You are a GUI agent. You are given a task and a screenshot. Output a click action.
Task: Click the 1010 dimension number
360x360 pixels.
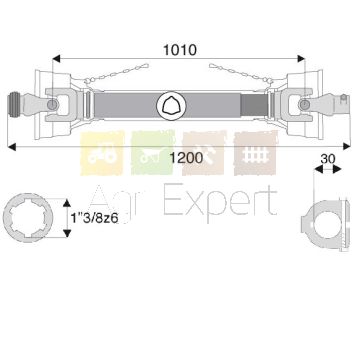[180, 50]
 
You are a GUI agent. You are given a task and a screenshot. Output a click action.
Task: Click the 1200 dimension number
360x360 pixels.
[186, 158]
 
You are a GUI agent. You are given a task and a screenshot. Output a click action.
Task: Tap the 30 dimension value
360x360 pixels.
[328, 159]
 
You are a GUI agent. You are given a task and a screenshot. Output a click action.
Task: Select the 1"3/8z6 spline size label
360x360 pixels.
[95, 218]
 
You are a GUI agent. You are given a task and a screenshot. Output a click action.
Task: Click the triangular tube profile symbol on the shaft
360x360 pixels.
[171, 105]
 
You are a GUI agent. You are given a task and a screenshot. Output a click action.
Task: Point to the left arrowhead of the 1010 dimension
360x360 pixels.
[56, 59]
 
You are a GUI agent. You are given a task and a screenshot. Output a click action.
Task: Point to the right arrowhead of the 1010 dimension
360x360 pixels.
[301, 59]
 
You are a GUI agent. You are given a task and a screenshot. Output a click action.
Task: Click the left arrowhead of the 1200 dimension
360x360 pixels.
[11, 146]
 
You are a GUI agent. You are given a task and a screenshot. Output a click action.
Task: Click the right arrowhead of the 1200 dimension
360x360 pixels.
[346, 146]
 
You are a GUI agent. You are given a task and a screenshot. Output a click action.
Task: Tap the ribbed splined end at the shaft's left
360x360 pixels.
[13, 105]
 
